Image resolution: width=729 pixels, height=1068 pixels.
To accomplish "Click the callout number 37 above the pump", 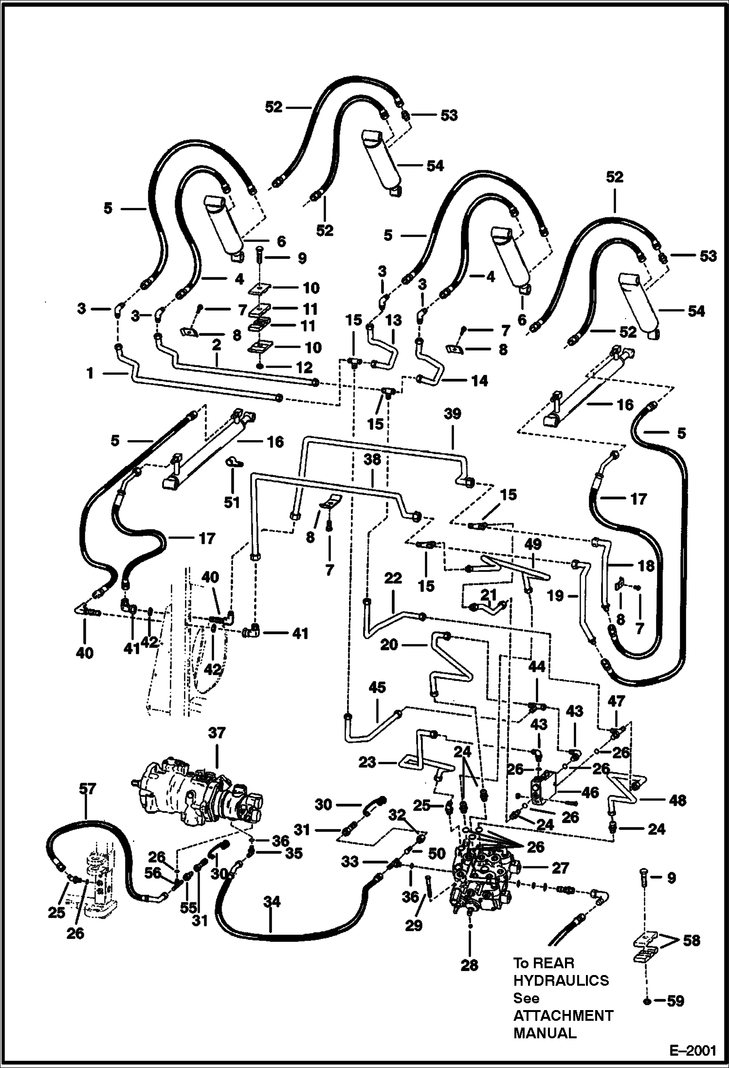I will [217, 733].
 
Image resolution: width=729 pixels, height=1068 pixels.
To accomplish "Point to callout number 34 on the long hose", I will [272, 902].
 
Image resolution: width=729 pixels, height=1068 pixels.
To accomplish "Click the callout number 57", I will [88, 789].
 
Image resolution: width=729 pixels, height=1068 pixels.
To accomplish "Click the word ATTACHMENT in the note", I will [563, 1015].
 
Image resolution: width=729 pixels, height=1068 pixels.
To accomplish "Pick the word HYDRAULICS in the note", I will [561, 980].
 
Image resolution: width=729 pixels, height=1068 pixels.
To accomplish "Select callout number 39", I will [453, 414].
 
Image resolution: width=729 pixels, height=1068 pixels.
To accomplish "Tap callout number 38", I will [372, 460].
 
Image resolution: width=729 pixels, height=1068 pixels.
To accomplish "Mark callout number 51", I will [232, 502].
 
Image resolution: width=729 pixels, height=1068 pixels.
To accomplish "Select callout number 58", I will [691, 940].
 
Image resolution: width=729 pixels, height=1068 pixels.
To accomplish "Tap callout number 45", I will [377, 687].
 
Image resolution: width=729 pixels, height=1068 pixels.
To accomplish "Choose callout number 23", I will [367, 762].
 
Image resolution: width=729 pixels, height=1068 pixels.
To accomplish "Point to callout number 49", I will [533, 544].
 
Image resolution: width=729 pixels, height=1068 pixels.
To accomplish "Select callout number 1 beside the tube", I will [90, 373].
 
